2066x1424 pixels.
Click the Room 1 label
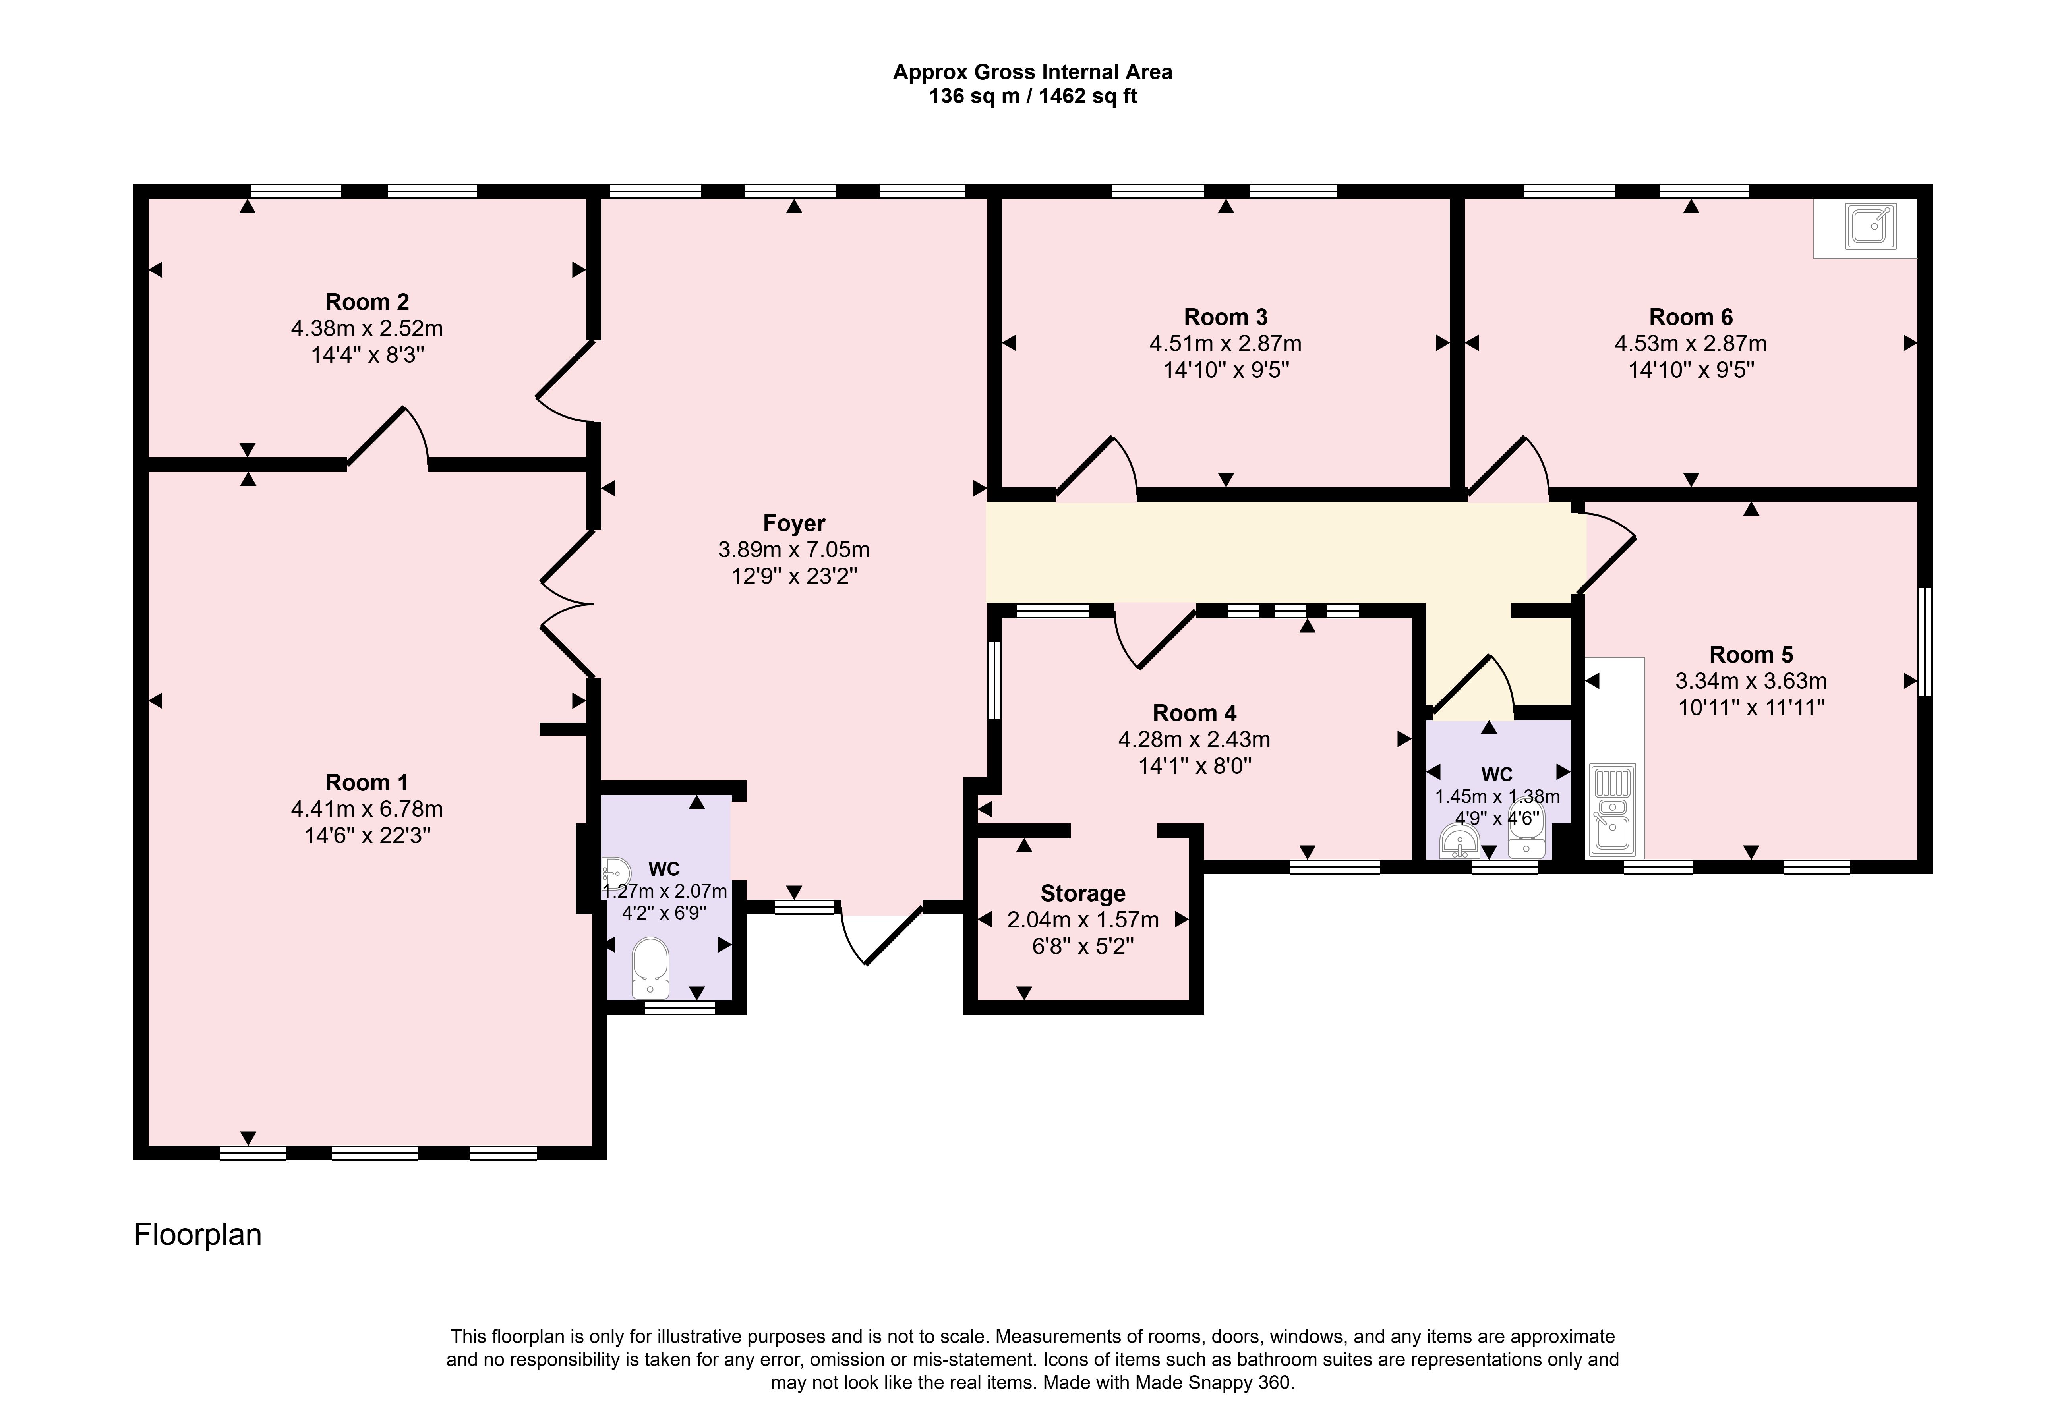click(x=367, y=783)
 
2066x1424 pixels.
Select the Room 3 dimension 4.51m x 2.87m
click(x=1225, y=344)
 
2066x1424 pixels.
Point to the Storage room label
click(x=1083, y=893)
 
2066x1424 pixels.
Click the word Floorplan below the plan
click(x=197, y=1235)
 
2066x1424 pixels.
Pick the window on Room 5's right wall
click(x=1925, y=641)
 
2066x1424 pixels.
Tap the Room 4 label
click(x=1194, y=713)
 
